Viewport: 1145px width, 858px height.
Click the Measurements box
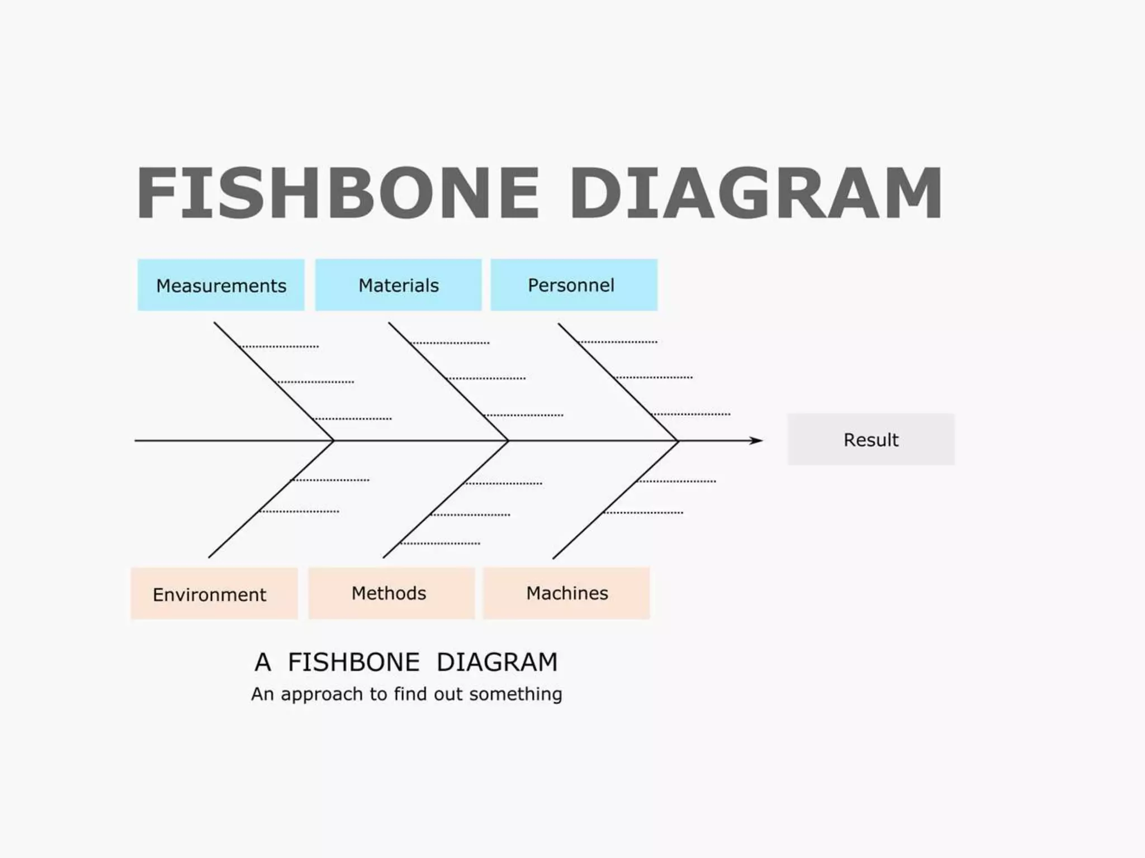click(x=221, y=285)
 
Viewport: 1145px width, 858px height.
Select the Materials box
click(x=398, y=285)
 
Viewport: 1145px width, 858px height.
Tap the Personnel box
click(x=574, y=285)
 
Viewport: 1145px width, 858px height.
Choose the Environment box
click(x=214, y=594)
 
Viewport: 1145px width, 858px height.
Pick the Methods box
click(x=391, y=593)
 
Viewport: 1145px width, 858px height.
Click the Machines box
click(x=566, y=593)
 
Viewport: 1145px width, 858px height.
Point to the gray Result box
click(x=870, y=440)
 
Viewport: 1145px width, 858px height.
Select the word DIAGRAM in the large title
click(x=755, y=193)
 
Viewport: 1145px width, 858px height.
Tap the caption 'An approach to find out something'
click(x=406, y=694)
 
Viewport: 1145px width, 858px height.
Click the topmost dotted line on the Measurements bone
click(x=280, y=347)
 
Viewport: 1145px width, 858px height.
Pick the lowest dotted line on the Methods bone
click(x=440, y=544)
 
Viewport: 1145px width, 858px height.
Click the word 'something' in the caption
click(x=515, y=694)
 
